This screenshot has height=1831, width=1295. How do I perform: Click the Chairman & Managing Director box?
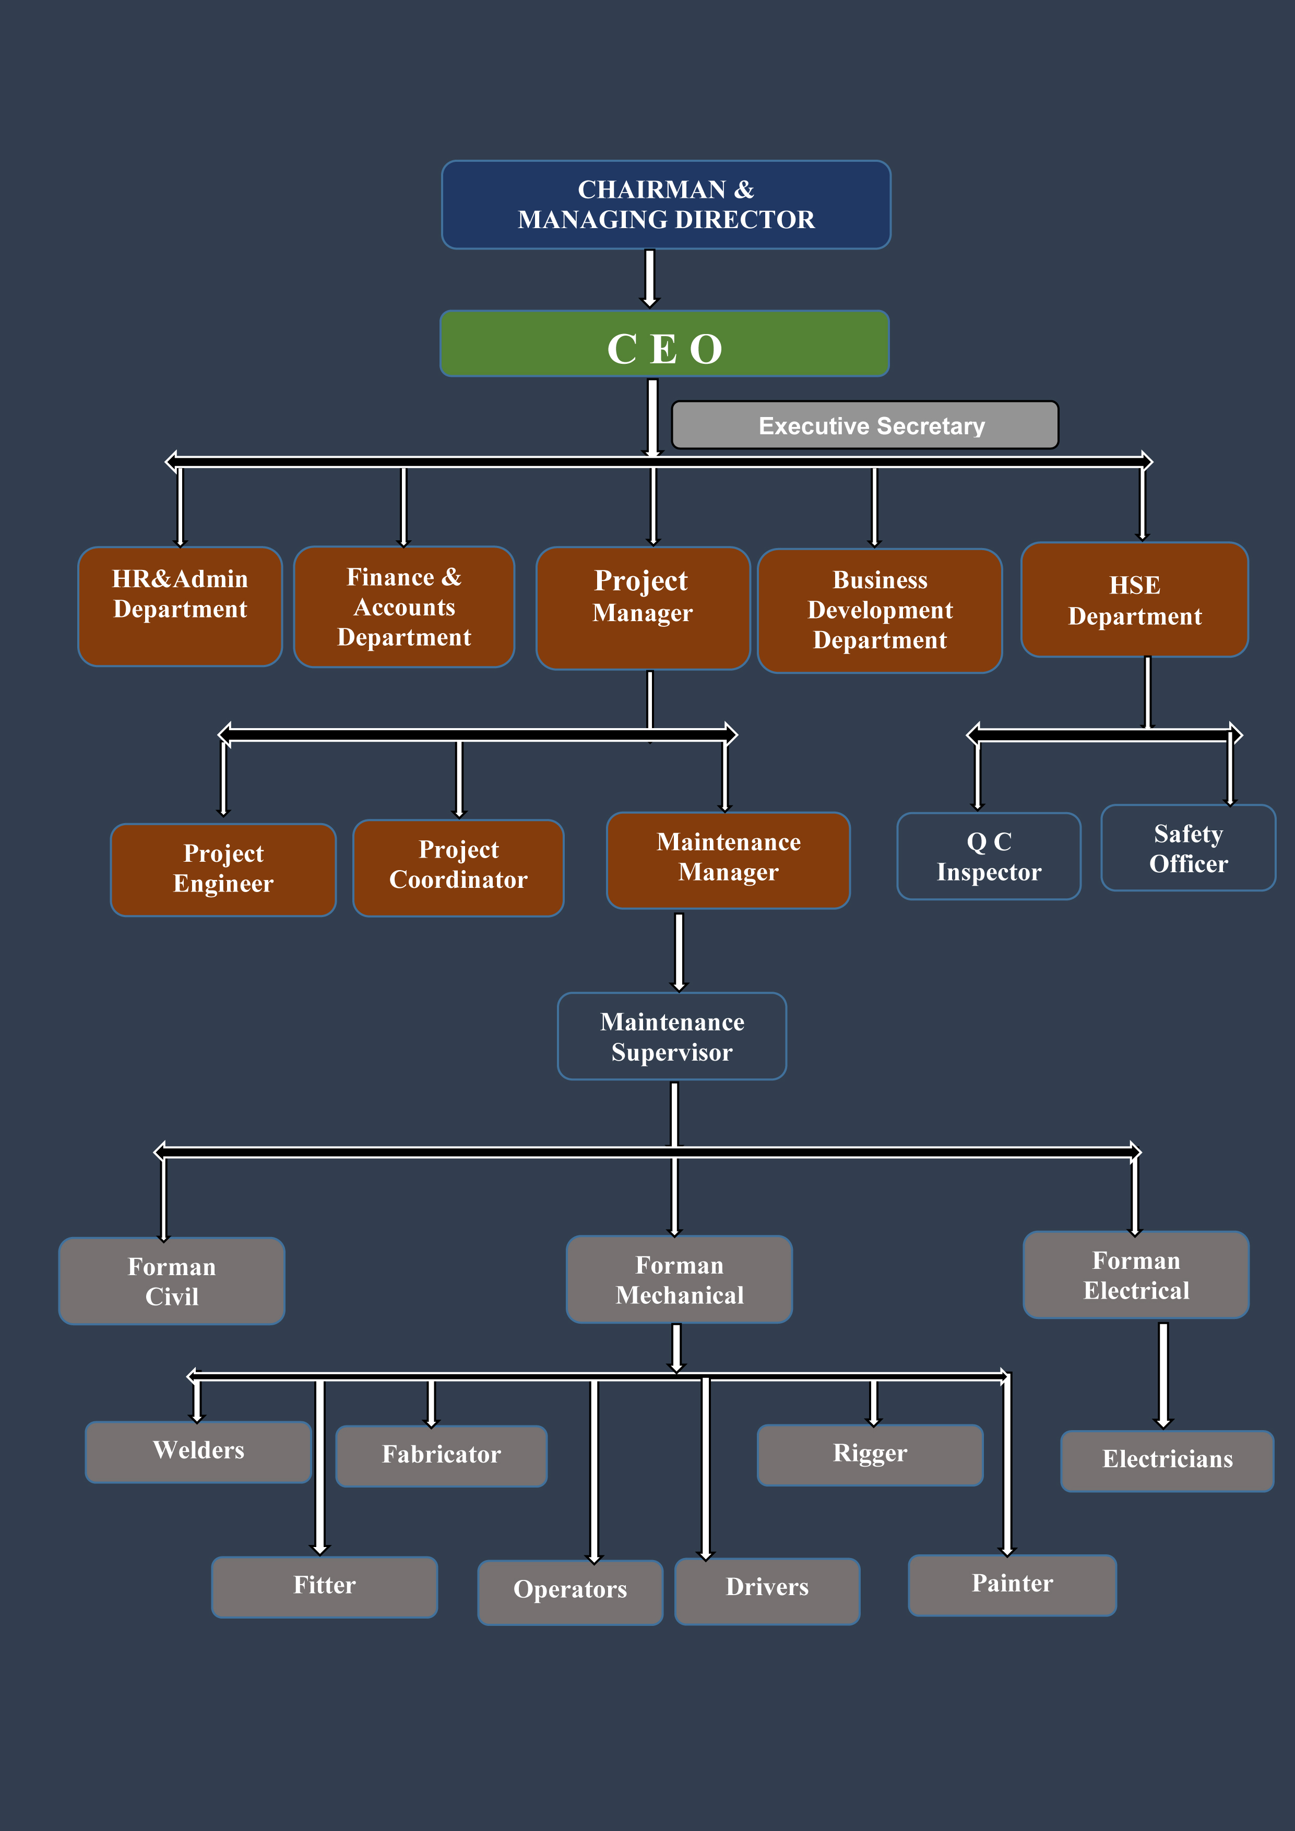pos(666,204)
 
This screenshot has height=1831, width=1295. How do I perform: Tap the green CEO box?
pos(664,344)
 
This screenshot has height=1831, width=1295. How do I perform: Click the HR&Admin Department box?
pos(180,606)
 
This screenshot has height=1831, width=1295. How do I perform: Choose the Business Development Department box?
pos(880,610)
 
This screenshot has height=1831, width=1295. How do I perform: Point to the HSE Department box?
pos(1134,600)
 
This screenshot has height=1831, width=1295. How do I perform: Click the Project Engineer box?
pos(223,869)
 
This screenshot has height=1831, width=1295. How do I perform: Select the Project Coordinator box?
pos(458,867)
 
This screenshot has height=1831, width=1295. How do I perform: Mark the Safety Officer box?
pos(1187,848)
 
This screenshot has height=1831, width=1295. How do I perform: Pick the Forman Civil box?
pos(171,1281)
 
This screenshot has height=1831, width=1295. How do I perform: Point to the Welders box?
pos(198,1452)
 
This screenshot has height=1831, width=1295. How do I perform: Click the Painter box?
pos(1012,1585)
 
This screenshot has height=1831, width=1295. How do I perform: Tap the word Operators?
pos(570,1589)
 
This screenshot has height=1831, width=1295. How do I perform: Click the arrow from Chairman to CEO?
pos(650,278)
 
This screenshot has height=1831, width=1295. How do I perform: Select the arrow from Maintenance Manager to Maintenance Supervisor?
pos(679,950)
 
